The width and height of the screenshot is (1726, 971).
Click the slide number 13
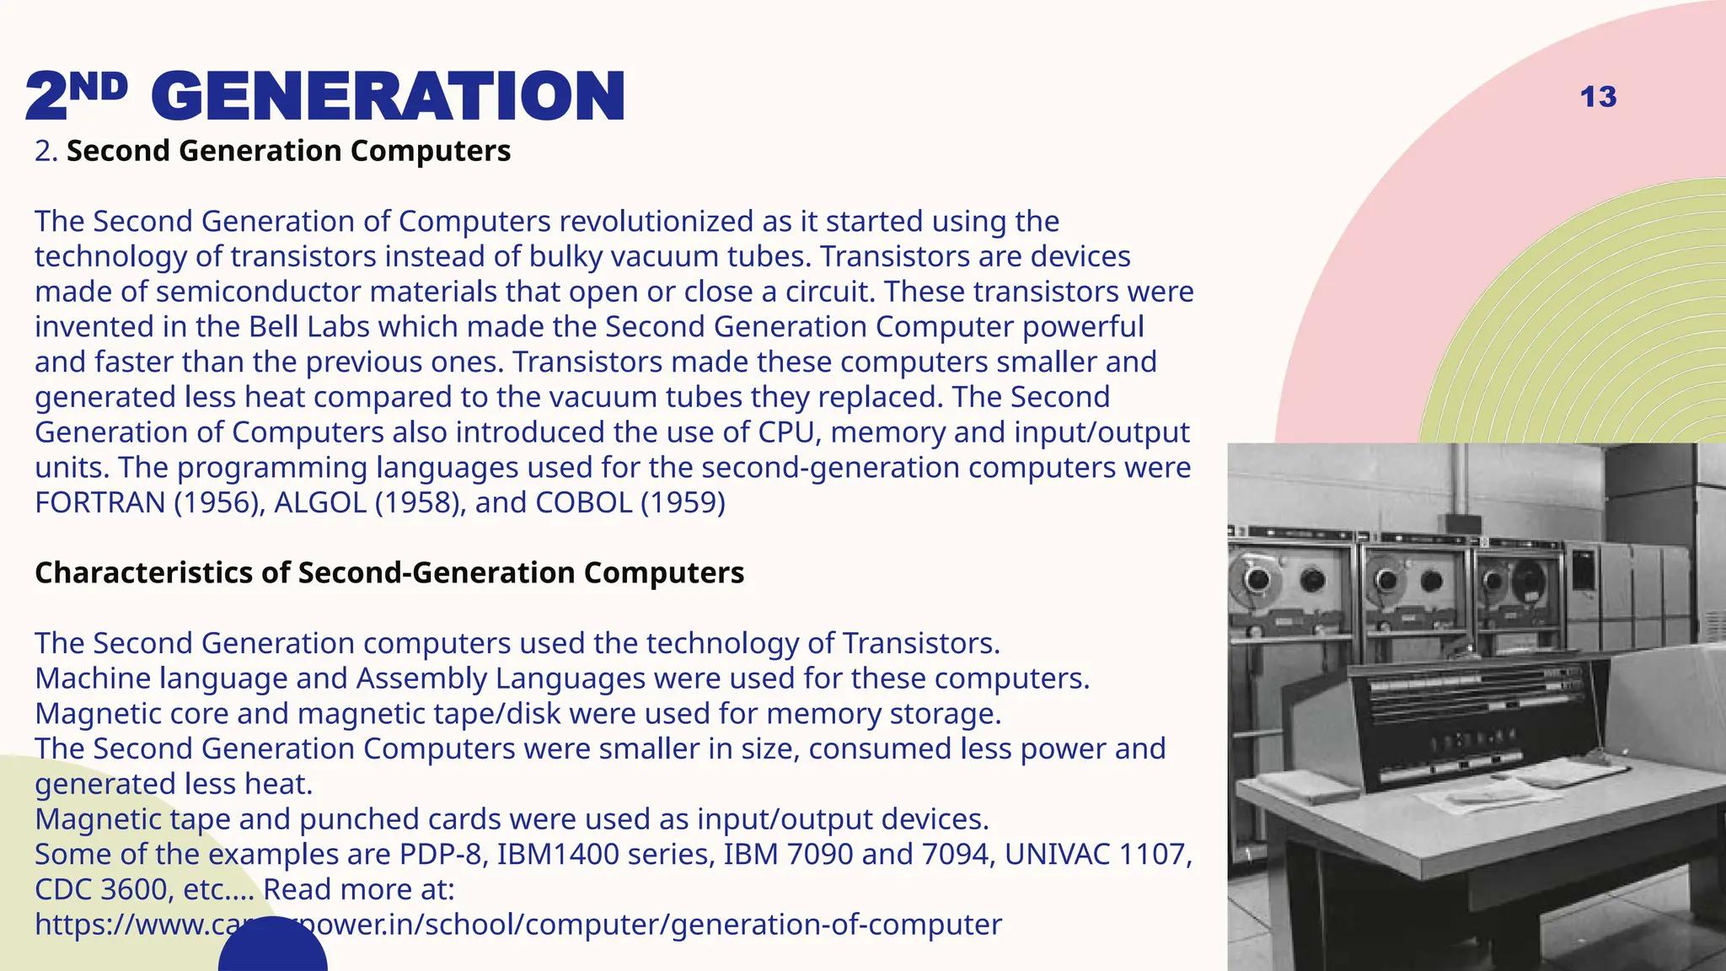tap(1598, 97)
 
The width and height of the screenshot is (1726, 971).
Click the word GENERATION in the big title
tap(389, 97)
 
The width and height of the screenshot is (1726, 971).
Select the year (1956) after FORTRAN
tap(220, 502)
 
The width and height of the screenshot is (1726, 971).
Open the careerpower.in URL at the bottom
tap(517, 925)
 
